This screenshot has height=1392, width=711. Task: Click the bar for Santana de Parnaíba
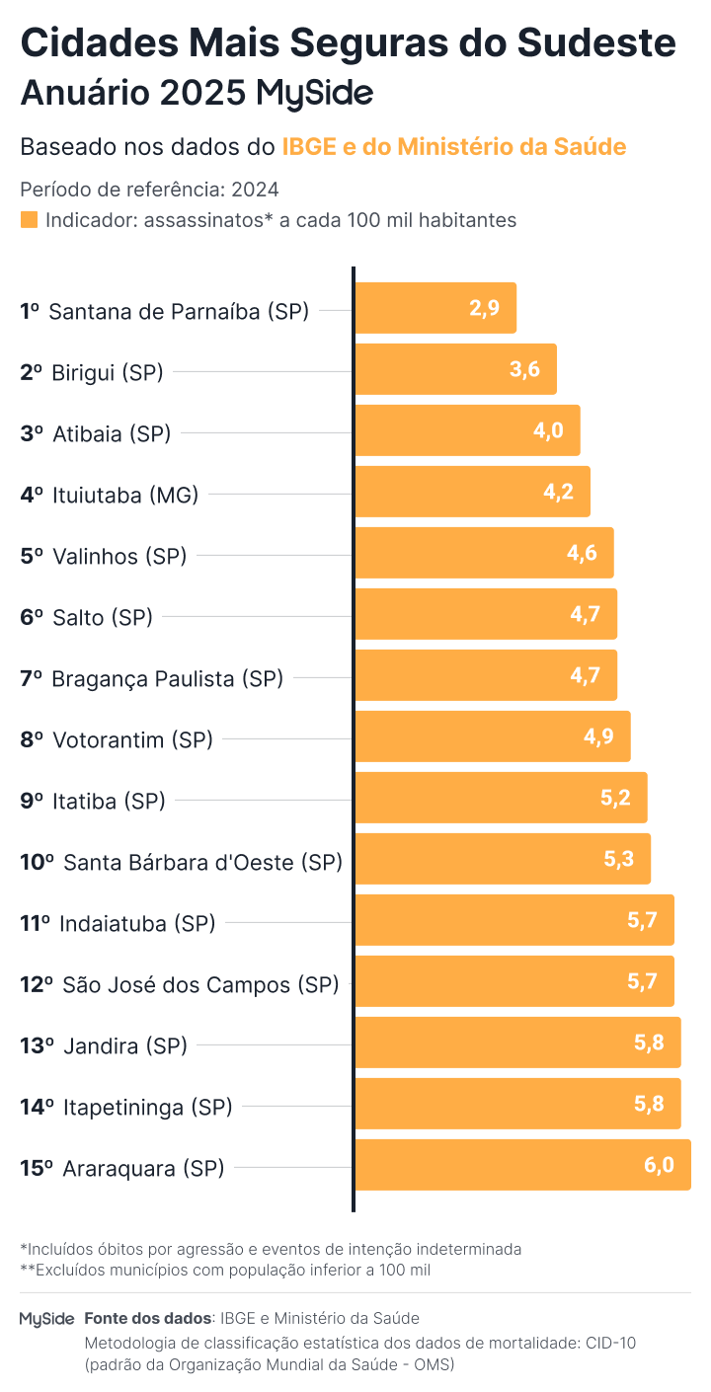point(434,308)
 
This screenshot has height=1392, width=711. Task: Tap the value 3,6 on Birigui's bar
point(524,369)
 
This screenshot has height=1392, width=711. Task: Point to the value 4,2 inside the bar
point(558,492)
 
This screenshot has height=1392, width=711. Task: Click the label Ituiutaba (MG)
point(125,495)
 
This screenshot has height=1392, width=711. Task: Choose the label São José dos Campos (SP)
point(200,984)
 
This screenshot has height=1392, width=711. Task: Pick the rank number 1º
point(30,312)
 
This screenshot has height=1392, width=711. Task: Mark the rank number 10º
point(37,862)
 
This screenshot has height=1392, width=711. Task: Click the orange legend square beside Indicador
point(29,219)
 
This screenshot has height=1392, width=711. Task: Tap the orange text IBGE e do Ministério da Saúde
point(454,147)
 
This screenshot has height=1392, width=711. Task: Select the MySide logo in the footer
point(46,1319)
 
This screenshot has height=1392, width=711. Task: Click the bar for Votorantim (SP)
point(492,736)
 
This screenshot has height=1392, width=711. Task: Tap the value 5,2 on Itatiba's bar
point(615,798)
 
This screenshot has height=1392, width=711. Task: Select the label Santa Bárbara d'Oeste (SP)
point(202,862)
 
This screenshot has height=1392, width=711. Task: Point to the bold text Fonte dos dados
point(148,1318)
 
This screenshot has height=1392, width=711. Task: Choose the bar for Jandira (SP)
point(517,1043)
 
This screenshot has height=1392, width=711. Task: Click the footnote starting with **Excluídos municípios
point(225,1270)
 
